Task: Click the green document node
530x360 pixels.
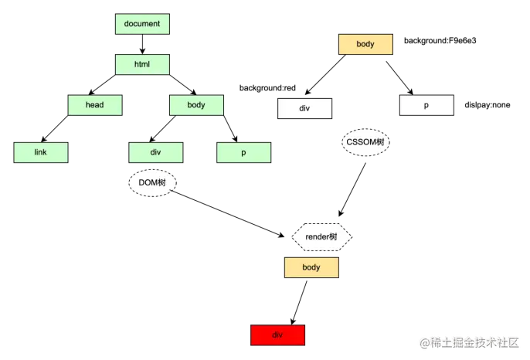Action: (142, 24)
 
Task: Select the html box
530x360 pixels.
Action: (142, 64)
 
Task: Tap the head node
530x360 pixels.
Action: (94, 105)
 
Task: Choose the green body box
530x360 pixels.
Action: (196, 105)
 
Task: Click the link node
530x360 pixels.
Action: (41, 153)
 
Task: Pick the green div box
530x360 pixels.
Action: (156, 153)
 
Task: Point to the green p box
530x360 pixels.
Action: (243, 153)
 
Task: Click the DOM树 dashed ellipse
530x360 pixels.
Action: (153, 183)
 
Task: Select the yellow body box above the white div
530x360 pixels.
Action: (365, 44)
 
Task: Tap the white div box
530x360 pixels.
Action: (304, 108)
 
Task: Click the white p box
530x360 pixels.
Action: (426, 105)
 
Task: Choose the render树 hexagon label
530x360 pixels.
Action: (321, 237)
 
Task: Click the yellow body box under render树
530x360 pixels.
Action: (311, 267)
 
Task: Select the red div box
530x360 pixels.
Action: (278, 335)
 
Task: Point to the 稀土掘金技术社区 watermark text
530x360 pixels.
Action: (473, 341)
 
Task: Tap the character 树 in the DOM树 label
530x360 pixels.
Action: (161, 183)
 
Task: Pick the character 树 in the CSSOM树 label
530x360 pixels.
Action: (380, 143)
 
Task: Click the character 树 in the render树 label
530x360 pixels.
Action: (333, 237)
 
